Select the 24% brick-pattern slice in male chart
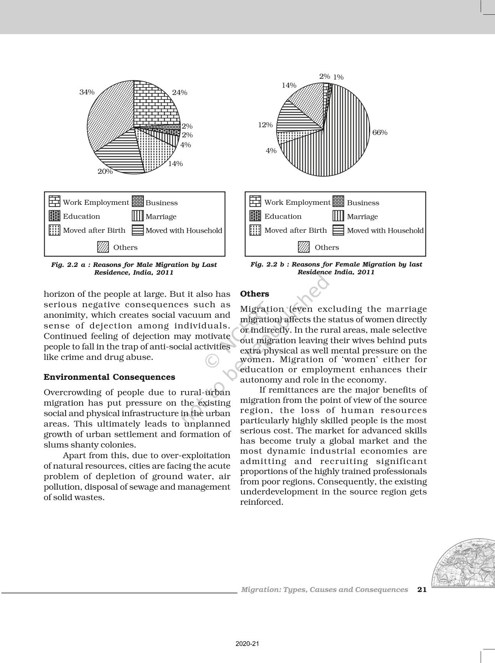pyautogui.click(x=155, y=105)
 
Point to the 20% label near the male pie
pyautogui.click(x=105, y=171)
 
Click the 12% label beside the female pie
pyautogui.click(x=266, y=125)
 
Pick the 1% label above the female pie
pyautogui.click(x=339, y=77)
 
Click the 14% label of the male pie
pyautogui.click(x=175, y=164)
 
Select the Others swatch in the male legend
pyautogui.click(x=103, y=247)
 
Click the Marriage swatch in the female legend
pyautogui.click(x=338, y=216)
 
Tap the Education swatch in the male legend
pyautogui.click(x=54, y=216)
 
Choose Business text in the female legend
pyautogui.click(x=363, y=203)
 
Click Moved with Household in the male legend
pyautogui.click(x=184, y=230)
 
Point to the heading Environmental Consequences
pyautogui.click(x=109, y=377)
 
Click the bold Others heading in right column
pyautogui.click(x=254, y=294)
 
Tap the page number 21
pyautogui.click(x=422, y=590)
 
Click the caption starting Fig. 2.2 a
pyautogui.click(x=134, y=268)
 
